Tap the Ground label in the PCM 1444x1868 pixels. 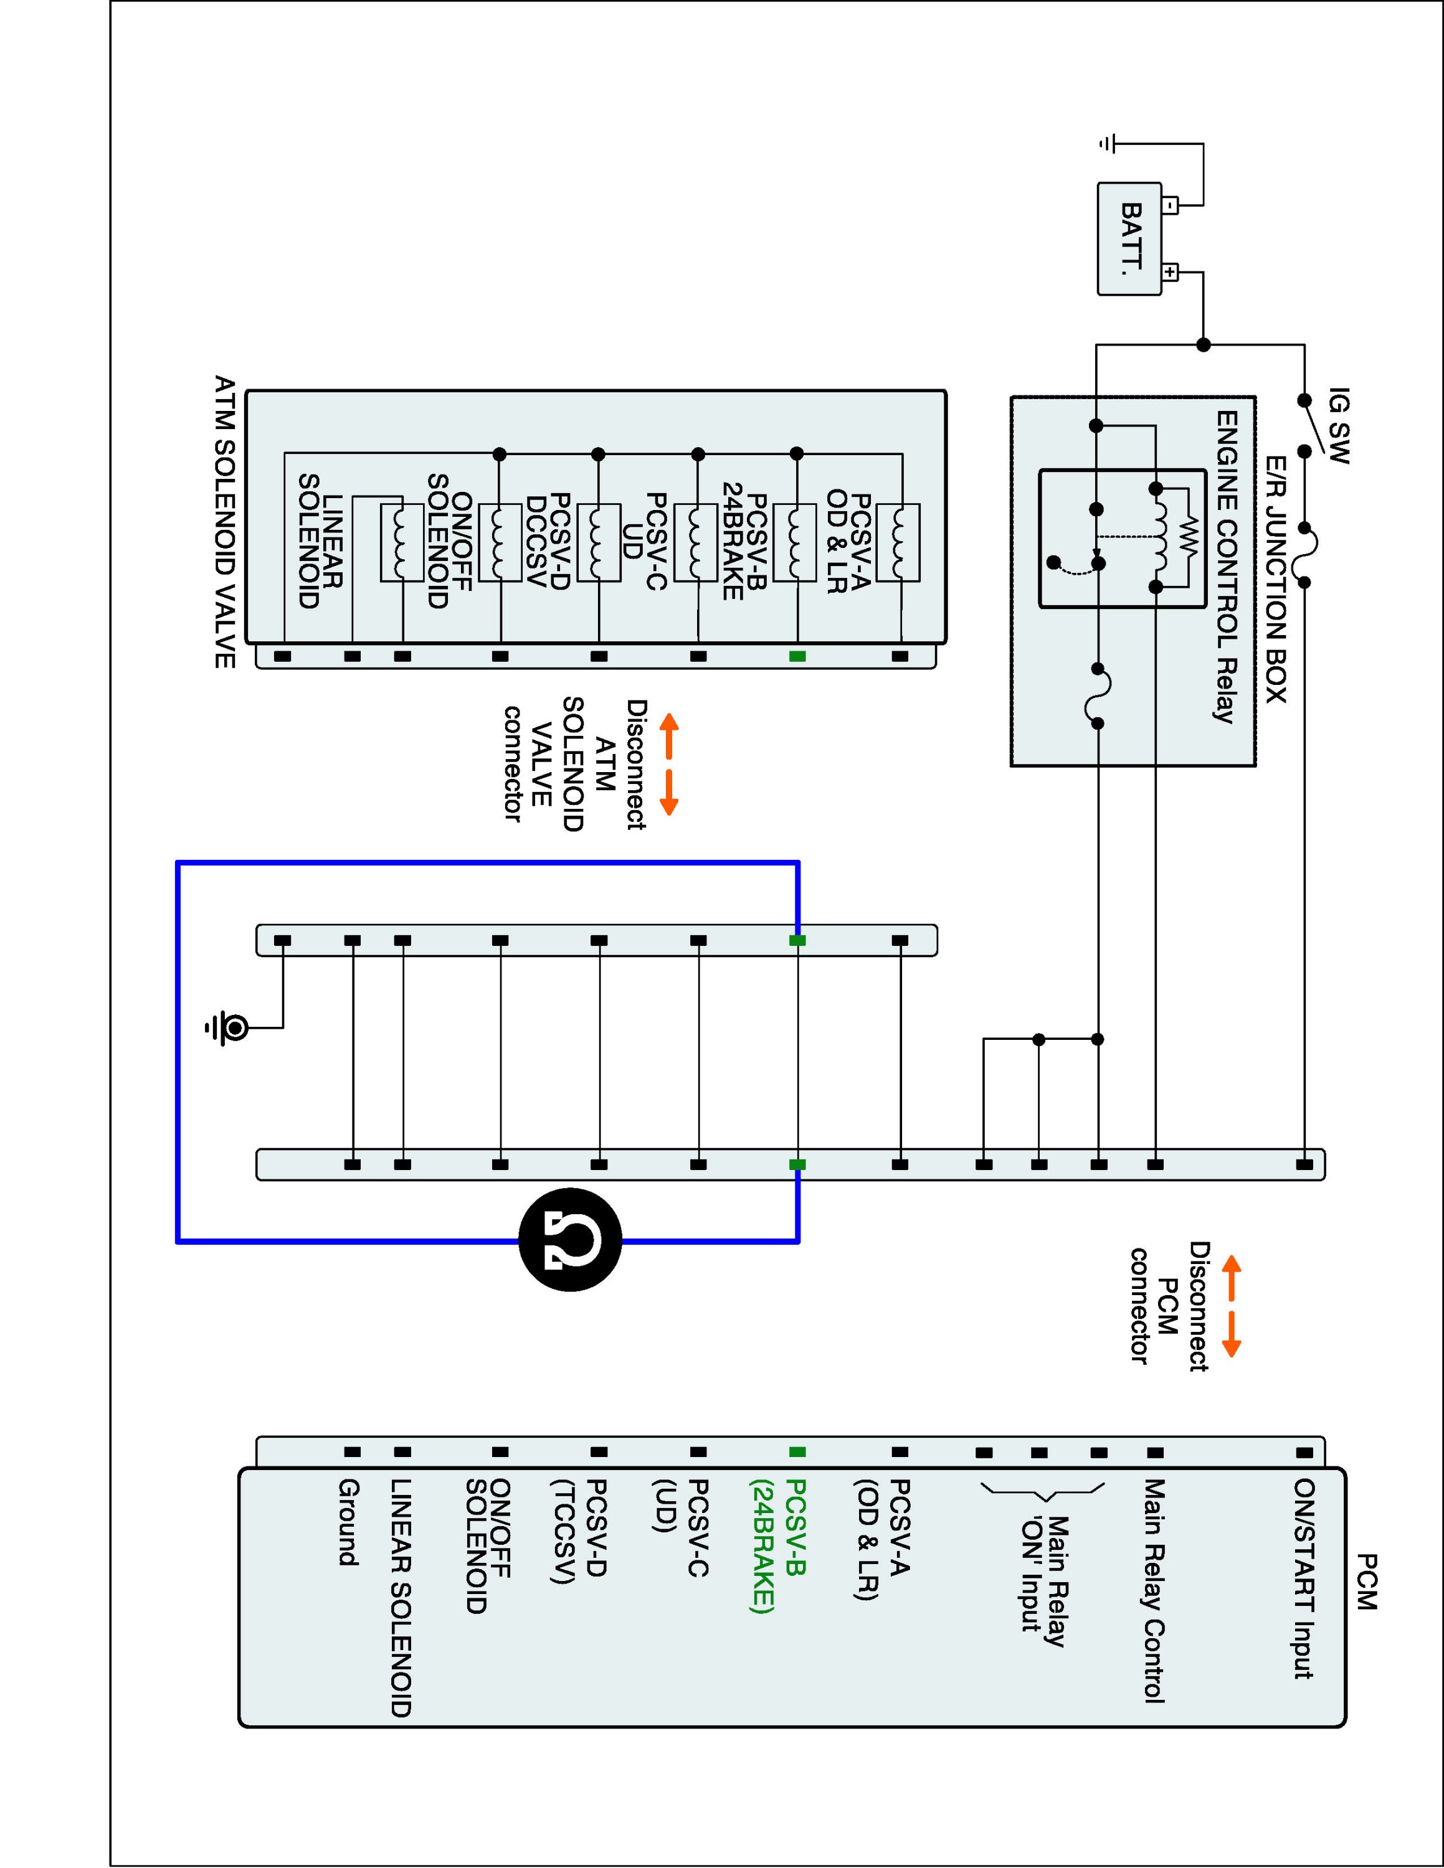348,1522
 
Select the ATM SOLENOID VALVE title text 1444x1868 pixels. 224,522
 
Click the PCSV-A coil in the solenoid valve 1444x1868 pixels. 898,543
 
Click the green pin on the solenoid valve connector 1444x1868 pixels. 797,656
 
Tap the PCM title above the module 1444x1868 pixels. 1366,1582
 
